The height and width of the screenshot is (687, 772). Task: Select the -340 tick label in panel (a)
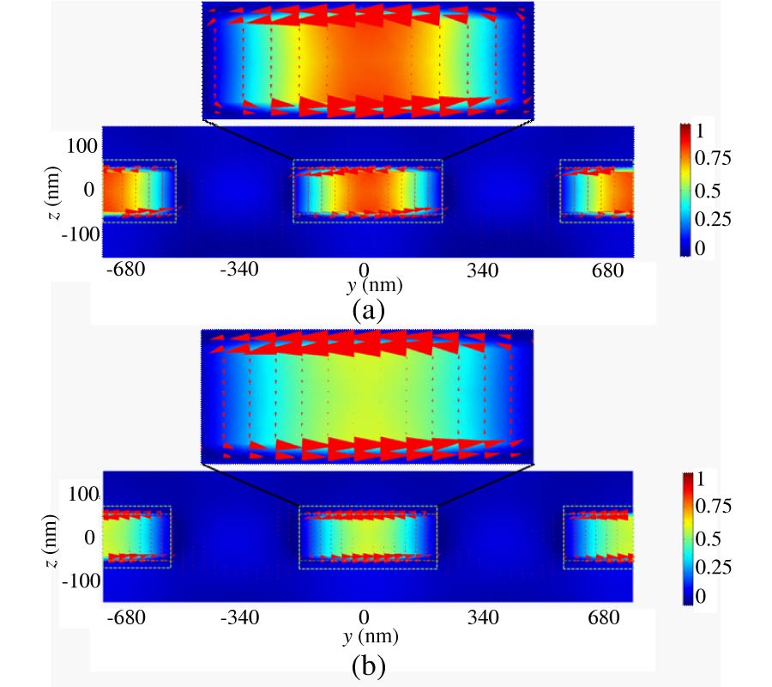point(239,272)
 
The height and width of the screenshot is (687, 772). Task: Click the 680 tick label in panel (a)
point(606,272)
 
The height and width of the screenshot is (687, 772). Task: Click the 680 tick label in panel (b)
point(606,617)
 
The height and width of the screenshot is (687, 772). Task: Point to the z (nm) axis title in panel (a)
point(54,191)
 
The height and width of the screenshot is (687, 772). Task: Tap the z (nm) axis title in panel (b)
point(54,537)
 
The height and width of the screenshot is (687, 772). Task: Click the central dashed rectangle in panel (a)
point(368,191)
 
